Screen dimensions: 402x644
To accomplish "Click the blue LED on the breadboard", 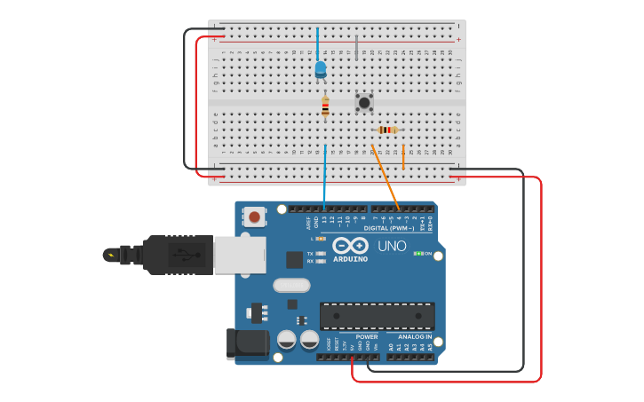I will click(x=321, y=68).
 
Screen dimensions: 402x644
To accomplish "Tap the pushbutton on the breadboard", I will click(x=363, y=103).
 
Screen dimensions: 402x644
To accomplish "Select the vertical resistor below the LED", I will click(x=325, y=107).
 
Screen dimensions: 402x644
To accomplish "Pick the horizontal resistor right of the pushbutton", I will click(x=387, y=130).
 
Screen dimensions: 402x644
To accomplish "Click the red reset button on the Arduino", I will click(x=255, y=217).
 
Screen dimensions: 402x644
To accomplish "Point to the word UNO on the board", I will click(x=392, y=246).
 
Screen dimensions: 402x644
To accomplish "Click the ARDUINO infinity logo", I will click(x=350, y=247).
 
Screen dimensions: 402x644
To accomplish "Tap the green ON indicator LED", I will click(x=417, y=254).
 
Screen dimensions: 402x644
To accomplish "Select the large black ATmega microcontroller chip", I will click(x=378, y=315).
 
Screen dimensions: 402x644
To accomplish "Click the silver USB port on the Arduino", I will click(x=239, y=255).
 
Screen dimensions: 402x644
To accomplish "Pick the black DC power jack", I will click(x=248, y=343).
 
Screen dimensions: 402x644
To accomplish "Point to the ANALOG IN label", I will click(x=415, y=336).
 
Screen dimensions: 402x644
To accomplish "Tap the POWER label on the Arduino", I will click(x=366, y=336).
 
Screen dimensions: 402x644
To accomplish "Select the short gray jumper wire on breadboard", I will click(x=356, y=48).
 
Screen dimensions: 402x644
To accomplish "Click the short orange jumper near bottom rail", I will click(x=403, y=157).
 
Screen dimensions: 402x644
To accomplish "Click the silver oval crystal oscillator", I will click(x=290, y=285).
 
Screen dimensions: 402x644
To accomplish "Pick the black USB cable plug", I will click(x=177, y=255).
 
